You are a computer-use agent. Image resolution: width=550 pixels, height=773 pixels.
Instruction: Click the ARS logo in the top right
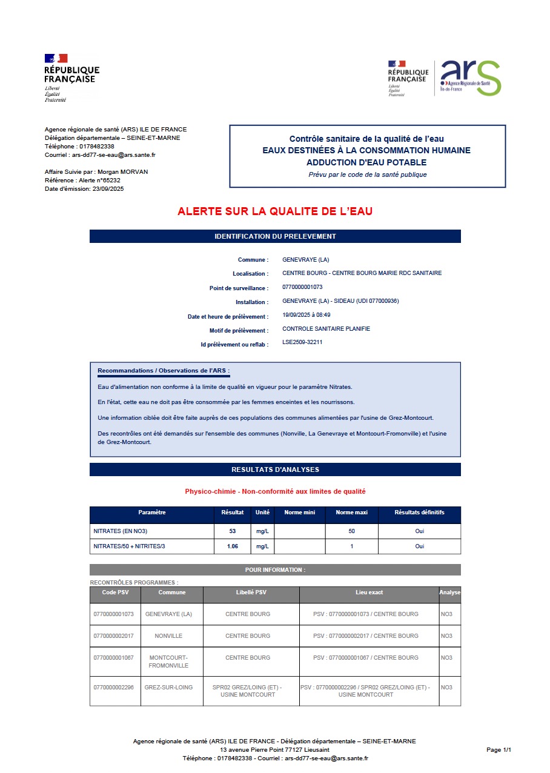(x=471, y=78)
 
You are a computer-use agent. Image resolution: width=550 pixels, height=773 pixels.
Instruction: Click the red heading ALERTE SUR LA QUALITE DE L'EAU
(x=275, y=211)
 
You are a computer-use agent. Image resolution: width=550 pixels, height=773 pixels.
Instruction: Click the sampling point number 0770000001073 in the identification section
(x=302, y=287)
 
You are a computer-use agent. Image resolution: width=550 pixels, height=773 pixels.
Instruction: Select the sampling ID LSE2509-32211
(x=302, y=342)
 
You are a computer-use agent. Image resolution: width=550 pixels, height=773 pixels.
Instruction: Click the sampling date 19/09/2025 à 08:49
(x=306, y=316)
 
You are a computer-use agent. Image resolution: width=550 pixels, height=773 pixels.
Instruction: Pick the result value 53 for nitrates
(x=233, y=531)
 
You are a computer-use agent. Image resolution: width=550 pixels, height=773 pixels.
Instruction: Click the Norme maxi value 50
(x=351, y=531)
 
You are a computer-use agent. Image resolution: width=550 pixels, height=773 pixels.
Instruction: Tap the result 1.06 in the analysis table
(x=233, y=546)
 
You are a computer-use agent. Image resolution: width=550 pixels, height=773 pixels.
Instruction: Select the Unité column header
(x=262, y=513)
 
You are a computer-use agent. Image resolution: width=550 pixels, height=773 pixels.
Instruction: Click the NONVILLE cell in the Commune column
(x=168, y=636)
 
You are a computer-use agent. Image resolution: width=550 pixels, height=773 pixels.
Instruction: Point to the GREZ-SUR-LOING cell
(x=168, y=688)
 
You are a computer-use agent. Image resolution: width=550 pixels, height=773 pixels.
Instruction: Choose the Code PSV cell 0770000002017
(x=113, y=636)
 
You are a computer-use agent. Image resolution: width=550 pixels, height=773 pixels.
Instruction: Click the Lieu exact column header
(x=369, y=592)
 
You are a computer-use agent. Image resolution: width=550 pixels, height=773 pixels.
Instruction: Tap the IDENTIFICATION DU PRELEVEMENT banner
(x=275, y=236)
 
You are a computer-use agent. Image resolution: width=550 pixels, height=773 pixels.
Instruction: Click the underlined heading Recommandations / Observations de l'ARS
(x=164, y=371)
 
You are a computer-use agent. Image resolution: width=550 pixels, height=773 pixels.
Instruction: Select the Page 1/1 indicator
(x=499, y=750)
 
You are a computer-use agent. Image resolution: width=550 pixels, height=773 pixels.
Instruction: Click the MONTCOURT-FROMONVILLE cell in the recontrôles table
(x=168, y=662)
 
